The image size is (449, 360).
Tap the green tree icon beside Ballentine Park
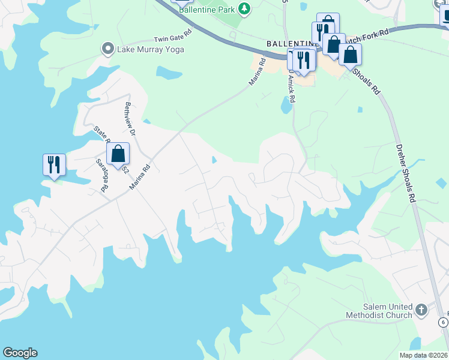(244, 8)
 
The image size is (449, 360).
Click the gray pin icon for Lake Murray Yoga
(108, 49)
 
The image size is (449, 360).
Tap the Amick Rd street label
(291, 86)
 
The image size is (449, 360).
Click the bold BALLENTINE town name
(291, 44)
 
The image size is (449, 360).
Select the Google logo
(20, 353)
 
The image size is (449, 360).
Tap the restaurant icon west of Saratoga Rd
(54, 164)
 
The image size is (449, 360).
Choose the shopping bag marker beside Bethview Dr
(118, 153)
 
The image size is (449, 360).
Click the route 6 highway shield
(443, 322)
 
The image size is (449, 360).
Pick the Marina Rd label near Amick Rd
(256, 70)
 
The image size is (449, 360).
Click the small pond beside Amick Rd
(285, 106)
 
